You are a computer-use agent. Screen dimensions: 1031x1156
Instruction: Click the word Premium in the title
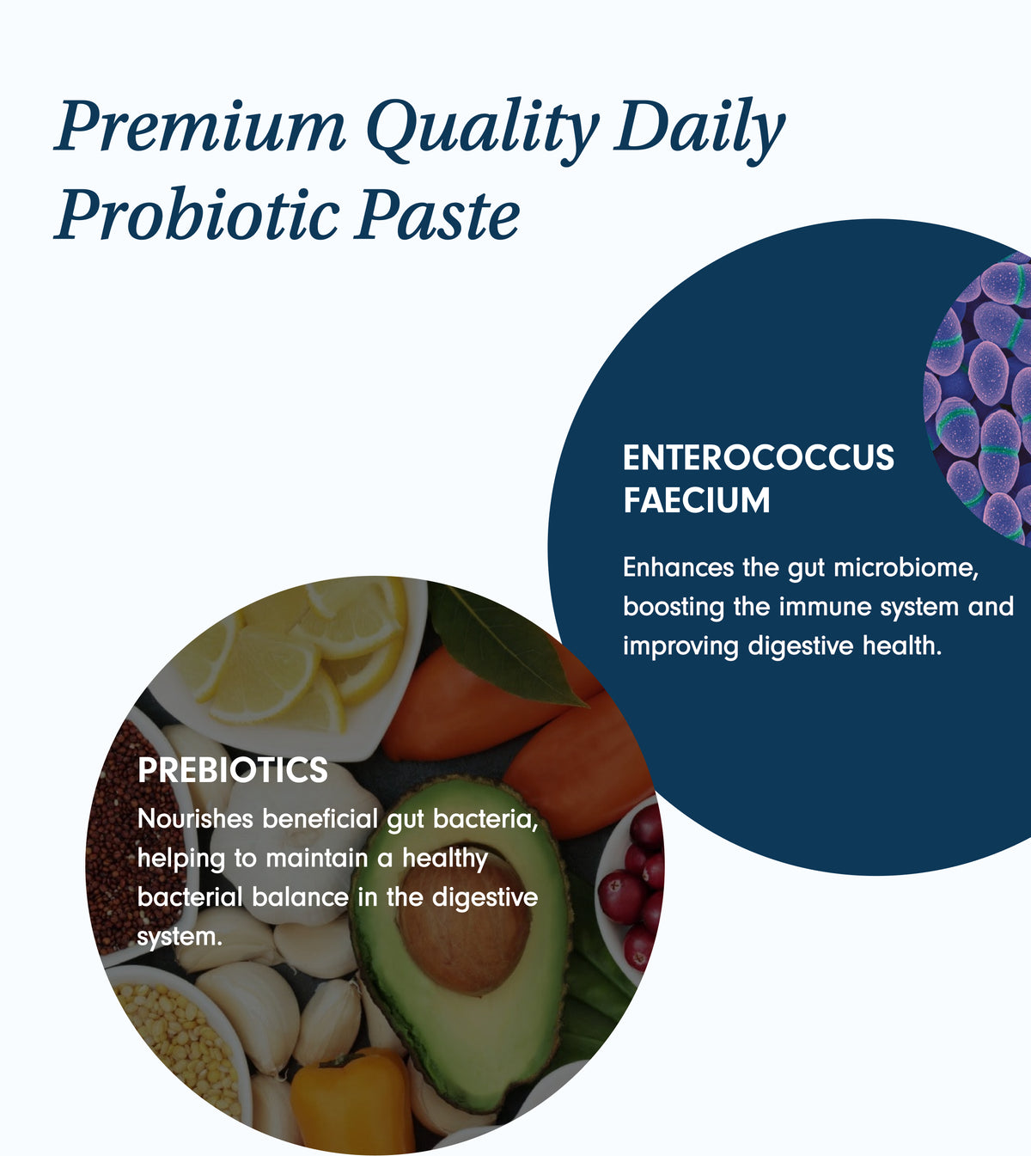[x=200, y=125]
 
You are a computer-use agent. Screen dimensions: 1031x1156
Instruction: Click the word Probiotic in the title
[x=197, y=215]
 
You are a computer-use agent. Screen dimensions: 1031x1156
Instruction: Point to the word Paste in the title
[x=437, y=216]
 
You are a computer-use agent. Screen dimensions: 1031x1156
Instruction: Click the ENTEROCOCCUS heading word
[x=759, y=457]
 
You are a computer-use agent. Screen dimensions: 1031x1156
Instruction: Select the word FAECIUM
[x=697, y=500]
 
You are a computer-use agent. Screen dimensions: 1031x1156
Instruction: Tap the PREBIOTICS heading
[x=233, y=770]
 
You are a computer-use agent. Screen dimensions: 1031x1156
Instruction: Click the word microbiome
[x=906, y=568]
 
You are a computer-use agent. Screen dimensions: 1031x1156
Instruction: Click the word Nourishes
[x=195, y=819]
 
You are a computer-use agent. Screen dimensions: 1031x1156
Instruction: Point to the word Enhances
[x=679, y=568]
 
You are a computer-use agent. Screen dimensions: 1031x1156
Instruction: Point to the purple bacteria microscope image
[x=979, y=400]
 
